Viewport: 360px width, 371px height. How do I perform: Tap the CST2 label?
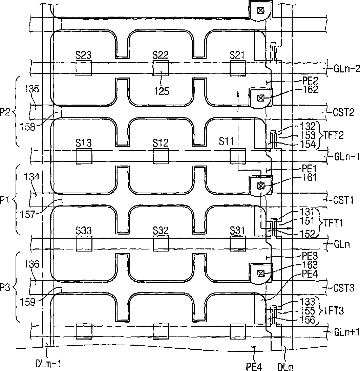[343, 112]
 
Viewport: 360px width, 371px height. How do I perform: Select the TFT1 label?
[333, 223]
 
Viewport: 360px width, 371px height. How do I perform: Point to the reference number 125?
[162, 91]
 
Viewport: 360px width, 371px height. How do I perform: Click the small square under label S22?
[161, 68]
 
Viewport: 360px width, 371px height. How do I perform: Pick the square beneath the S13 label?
[84, 156]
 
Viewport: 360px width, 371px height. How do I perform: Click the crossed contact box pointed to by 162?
[260, 98]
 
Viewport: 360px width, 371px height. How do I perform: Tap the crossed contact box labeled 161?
[260, 186]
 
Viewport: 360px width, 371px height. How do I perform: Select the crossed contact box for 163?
[260, 274]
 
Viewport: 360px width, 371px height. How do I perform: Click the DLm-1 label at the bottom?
[48, 364]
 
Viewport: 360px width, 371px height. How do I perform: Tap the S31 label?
[237, 230]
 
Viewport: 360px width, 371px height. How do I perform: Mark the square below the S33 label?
[84, 243]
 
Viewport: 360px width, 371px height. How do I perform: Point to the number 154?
[308, 144]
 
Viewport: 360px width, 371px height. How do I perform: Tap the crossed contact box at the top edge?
[260, 10]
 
